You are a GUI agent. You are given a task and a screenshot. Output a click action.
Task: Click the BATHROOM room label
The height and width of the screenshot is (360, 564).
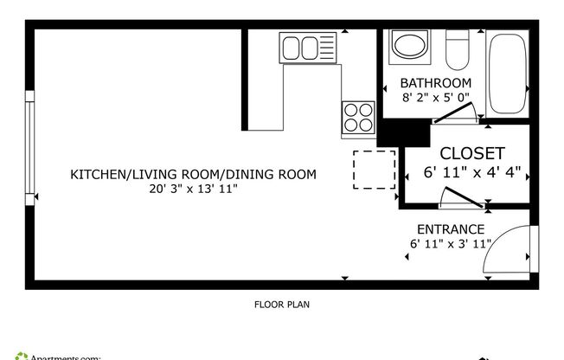click(x=429, y=83)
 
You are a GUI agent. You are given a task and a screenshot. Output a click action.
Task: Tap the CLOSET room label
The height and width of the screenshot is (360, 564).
click(x=472, y=153)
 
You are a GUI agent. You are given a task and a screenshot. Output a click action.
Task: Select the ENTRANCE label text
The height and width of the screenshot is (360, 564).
click(x=450, y=229)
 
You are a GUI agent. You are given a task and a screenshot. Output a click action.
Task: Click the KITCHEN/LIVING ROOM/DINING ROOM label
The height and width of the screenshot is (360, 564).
click(x=193, y=174)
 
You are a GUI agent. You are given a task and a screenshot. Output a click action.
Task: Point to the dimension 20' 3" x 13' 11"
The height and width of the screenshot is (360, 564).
click(x=193, y=188)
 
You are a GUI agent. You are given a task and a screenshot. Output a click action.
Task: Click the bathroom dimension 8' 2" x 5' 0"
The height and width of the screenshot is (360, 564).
click(x=429, y=97)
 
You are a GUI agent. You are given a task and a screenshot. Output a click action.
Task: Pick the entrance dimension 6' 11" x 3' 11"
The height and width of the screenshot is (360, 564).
click(x=451, y=244)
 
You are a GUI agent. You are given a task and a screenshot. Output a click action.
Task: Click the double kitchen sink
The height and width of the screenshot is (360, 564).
click(x=300, y=46)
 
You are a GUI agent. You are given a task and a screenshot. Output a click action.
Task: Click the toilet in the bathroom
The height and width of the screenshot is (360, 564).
click(x=457, y=49)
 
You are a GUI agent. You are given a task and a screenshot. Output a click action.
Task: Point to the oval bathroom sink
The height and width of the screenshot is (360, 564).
click(x=407, y=45)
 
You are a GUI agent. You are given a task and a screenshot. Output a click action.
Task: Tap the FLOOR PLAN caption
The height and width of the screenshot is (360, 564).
click(x=281, y=304)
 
